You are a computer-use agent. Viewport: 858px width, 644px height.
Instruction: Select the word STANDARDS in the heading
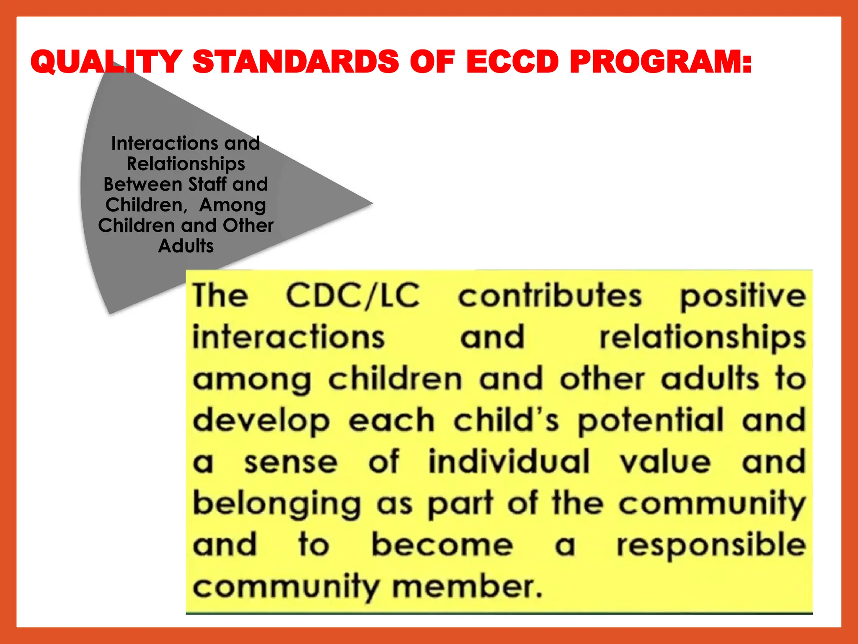[x=295, y=62]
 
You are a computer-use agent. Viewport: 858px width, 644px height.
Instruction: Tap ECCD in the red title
[x=512, y=62]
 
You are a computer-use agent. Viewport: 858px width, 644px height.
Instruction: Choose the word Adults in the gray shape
[x=186, y=246]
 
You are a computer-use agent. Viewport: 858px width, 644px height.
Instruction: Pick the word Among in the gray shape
[x=233, y=205]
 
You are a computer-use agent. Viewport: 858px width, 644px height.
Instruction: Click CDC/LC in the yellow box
[x=353, y=296]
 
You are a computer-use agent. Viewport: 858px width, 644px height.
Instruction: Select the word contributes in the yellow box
[x=550, y=296]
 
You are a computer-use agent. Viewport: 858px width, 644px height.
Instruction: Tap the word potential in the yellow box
[x=651, y=421]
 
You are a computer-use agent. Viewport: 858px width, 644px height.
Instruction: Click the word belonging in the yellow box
[x=277, y=504]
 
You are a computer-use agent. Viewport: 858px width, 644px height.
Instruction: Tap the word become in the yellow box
[x=442, y=545]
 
